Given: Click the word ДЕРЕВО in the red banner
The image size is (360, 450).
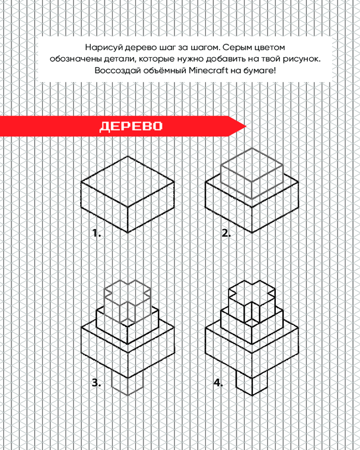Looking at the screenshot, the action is pos(131,126).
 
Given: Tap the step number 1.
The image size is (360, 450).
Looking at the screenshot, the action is pos(97,233).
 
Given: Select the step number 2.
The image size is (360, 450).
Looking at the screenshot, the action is pos(226,233).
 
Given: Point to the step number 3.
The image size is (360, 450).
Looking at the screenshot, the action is pos(96,382).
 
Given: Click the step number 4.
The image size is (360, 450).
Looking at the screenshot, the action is pos(218,382).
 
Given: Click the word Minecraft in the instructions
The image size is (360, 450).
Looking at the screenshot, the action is pos(208,70).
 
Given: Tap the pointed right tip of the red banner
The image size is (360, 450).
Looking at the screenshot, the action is pos(246,126).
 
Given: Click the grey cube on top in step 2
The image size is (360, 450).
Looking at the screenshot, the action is pos(252,173).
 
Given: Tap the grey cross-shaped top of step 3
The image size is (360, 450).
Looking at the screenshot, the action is pos(127,301).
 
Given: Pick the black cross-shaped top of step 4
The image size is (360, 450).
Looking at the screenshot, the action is pos(252,301).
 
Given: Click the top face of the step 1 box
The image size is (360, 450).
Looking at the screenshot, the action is pos(127,182).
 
